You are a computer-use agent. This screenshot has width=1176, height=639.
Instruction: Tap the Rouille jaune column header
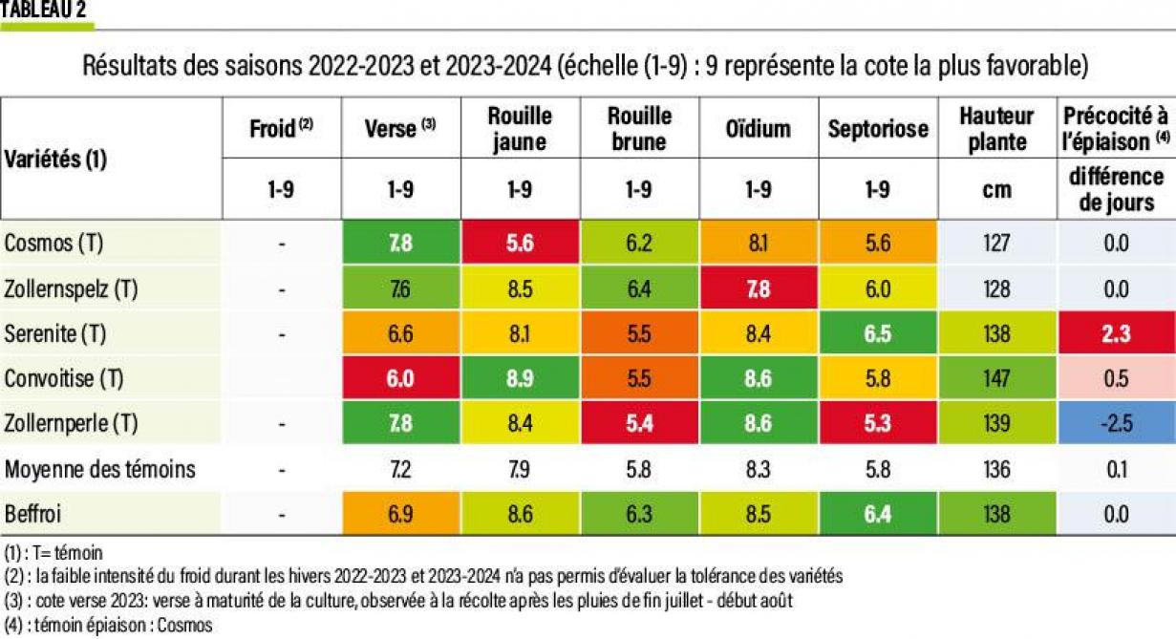pyautogui.click(x=520, y=129)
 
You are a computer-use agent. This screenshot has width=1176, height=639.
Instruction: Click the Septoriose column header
pyautogui.click(x=877, y=128)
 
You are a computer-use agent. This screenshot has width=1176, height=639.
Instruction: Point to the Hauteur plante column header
pyautogui.click(x=996, y=129)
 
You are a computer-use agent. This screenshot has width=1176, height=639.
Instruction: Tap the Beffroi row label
pyautogui.click(x=34, y=514)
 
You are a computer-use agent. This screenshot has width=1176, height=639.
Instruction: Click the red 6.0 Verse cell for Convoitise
pyautogui.click(x=400, y=379)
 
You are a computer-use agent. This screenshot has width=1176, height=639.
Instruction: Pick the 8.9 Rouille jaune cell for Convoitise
pyautogui.click(x=520, y=379)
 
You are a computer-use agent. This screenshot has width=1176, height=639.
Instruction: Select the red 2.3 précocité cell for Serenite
pyautogui.click(x=1115, y=334)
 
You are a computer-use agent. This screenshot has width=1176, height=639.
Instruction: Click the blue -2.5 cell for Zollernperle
pyautogui.click(x=1115, y=424)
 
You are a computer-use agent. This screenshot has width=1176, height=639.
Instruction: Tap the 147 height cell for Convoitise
pyautogui.click(x=996, y=379)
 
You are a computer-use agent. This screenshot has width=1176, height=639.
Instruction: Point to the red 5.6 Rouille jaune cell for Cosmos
pyautogui.click(x=520, y=244)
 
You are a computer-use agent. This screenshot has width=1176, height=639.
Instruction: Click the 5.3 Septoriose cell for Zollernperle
pyautogui.click(x=877, y=424)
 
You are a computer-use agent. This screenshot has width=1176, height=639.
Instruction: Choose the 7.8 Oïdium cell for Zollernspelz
pyautogui.click(x=758, y=288)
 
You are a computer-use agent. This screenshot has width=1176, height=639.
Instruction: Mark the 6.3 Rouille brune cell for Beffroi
pyautogui.click(x=638, y=514)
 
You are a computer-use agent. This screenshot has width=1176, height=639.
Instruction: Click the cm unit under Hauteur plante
pyautogui.click(x=996, y=189)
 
